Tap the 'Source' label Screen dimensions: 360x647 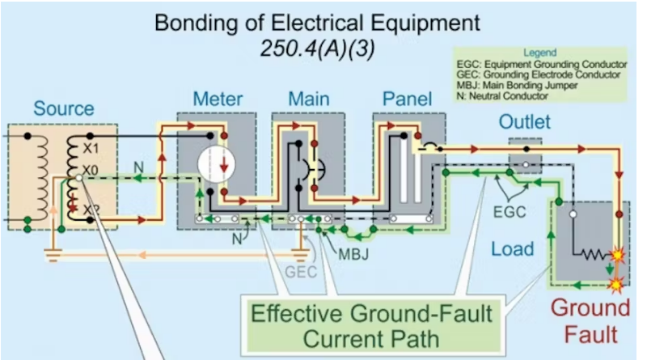(63, 108)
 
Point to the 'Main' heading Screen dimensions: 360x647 (308, 100)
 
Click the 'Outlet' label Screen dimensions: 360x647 (524, 122)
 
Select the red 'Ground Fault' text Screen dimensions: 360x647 (590, 320)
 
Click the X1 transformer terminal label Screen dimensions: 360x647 (91, 149)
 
